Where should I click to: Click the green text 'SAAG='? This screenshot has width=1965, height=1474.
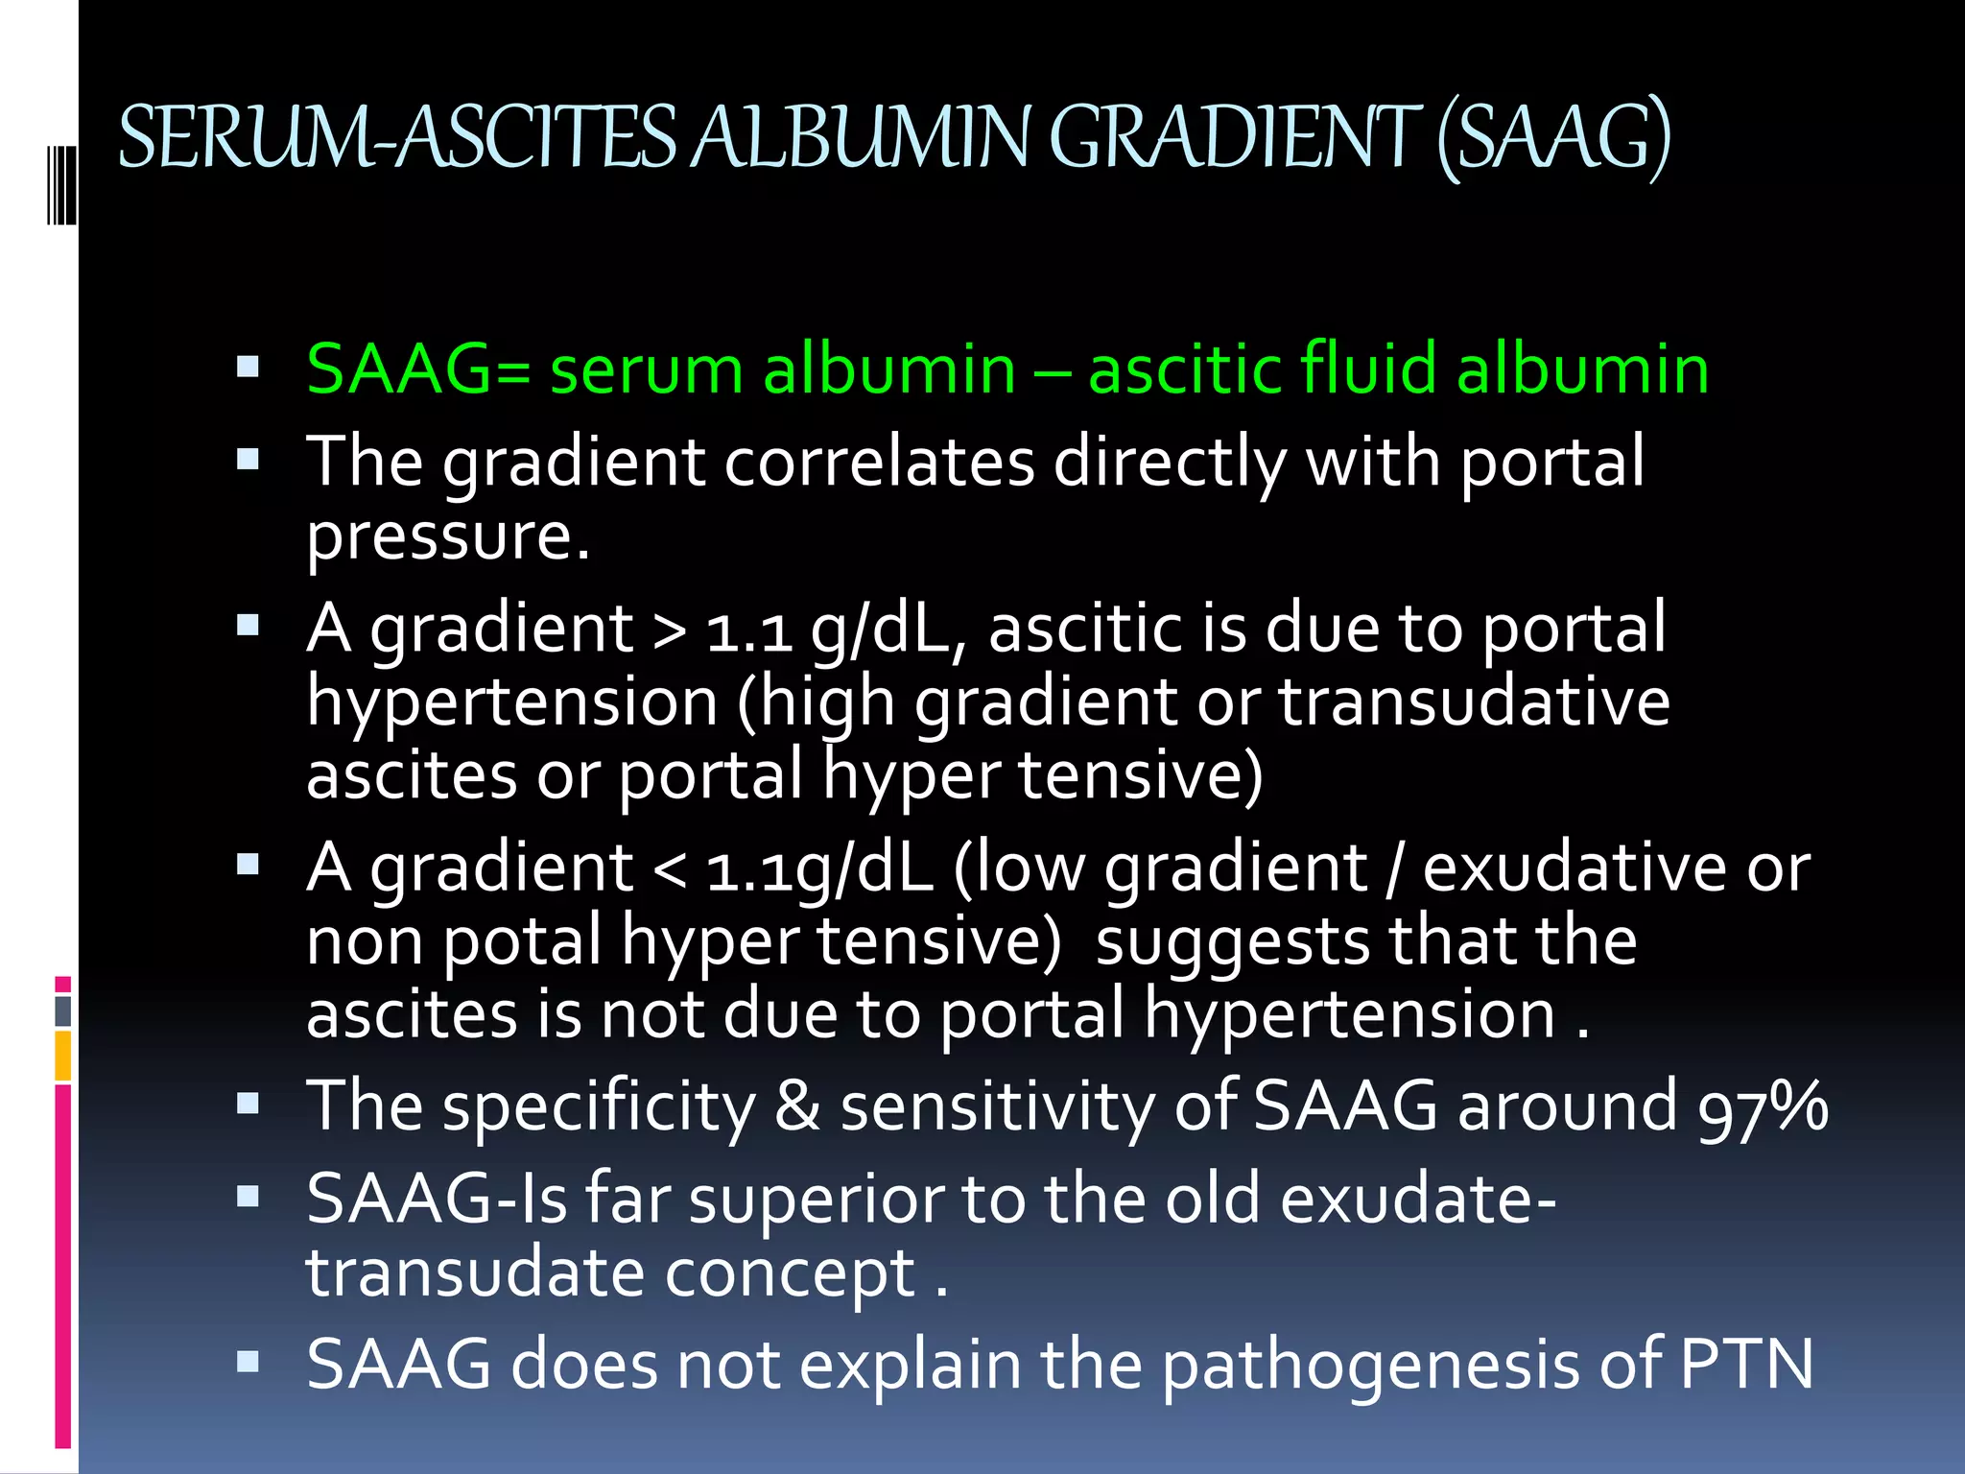[418, 369]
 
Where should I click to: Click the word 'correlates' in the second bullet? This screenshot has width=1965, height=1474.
[879, 463]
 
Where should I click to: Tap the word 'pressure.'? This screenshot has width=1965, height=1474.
[447, 537]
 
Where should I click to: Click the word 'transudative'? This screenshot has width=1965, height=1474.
[1474, 702]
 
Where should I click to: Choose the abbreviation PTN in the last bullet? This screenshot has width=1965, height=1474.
[1746, 1365]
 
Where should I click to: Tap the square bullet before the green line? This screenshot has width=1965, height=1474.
[248, 367]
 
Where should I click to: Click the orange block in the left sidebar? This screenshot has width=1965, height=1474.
[63, 1056]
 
